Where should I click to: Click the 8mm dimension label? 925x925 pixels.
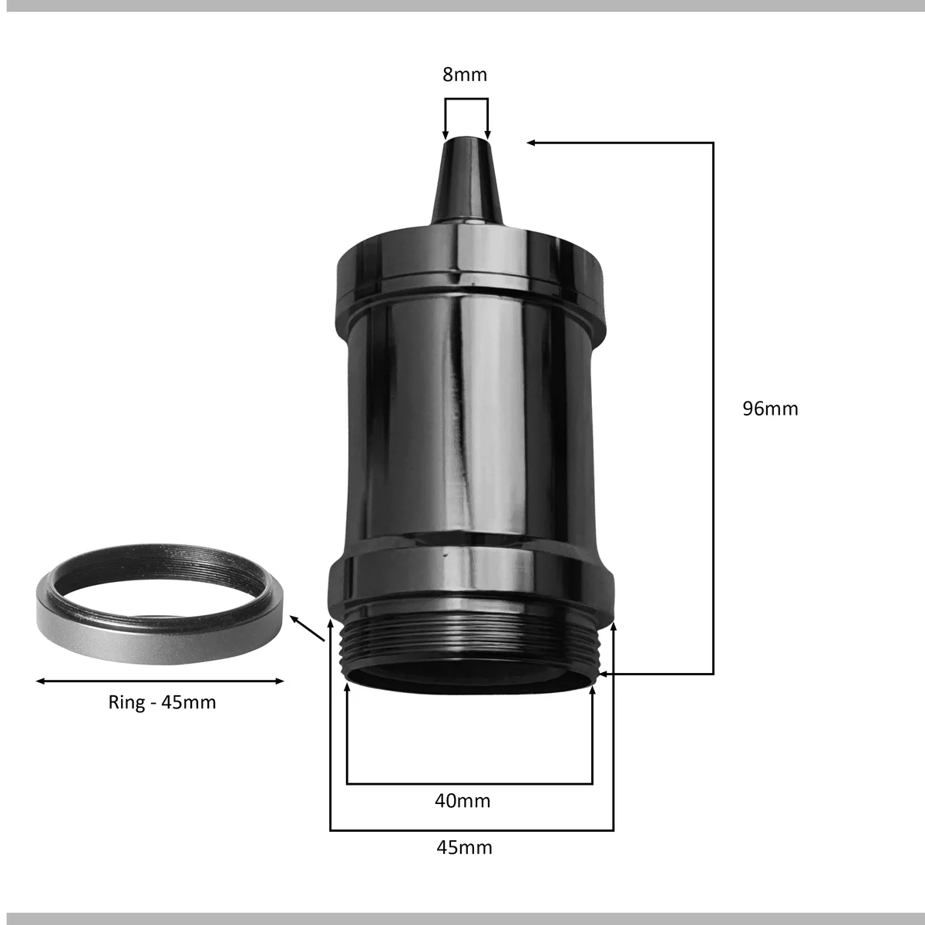(x=465, y=75)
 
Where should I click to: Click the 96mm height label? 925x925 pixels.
(x=770, y=409)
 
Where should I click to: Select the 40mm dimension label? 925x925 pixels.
(x=462, y=801)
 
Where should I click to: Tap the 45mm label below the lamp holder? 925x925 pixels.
(x=464, y=848)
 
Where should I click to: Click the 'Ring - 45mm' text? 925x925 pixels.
(x=162, y=702)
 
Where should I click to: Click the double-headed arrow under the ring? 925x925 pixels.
(x=160, y=681)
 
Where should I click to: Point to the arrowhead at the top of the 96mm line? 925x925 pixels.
(x=532, y=143)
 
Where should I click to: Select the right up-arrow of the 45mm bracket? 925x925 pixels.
(x=614, y=628)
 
